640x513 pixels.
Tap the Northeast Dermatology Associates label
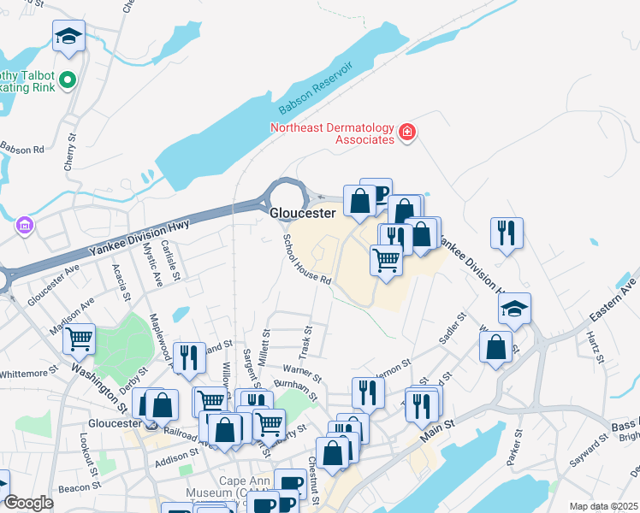(x=331, y=133)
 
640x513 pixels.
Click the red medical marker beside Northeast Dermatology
(x=407, y=132)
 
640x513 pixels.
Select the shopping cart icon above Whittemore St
(x=80, y=339)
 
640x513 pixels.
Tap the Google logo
(x=28, y=503)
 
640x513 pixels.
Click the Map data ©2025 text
(x=604, y=506)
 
